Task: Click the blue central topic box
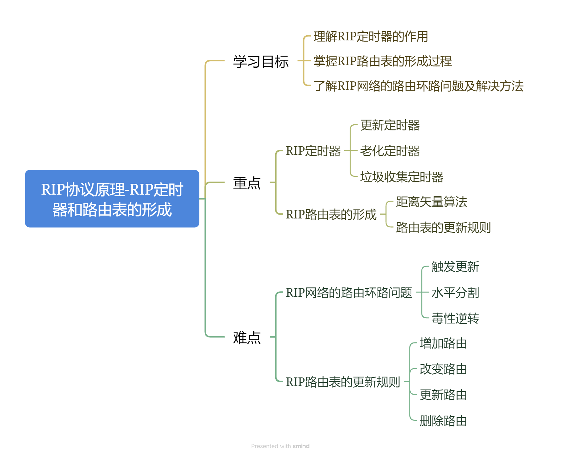(x=112, y=199)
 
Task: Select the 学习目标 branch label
(x=261, y=61)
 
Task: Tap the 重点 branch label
(x=247, y=183)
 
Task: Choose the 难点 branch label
(x=247, y=337)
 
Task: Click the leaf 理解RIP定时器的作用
(x=371, y=37)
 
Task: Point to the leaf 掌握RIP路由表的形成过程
(x=382, y=61)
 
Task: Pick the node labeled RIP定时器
(x=313, y=151)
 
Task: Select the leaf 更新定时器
(x=390, y=125)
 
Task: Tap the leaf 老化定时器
(x=390, y=151)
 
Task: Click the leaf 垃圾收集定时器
(x=401, y=177)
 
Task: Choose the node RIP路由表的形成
(x=331, y=214)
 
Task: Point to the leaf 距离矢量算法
(x=431, y=202)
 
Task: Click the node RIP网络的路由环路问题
(x=349, y=293)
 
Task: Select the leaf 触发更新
(x=455, y=267)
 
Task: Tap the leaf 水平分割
(x=455, y=293)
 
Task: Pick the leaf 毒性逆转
(x=455, y=318)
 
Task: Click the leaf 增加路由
(x=443, y=343)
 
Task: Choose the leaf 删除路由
(x=443, y=421)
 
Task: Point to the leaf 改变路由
(x=443, y=369)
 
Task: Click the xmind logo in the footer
(x=301, y=446)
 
